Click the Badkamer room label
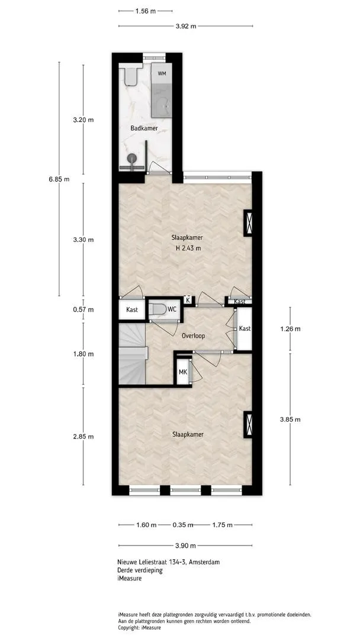[x=144, y=128]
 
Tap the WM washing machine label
[x=162, y=74]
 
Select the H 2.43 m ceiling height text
[x=188, y=248]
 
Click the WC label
[x=172, y=309]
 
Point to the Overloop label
[x=193, y=336]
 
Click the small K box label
[x=188, y=300]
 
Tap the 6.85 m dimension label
[x=59, y=179]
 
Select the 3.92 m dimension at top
[x=185, y=27]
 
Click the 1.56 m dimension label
[x=146, y=11]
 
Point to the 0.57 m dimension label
[x=83, y=309]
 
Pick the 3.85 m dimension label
[x=290, y=419]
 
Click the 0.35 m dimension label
[x=182, y=525]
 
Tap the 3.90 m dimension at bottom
[x=185, y=546]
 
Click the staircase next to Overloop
[x=133, y=353]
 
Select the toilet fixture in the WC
[x=157, y=309]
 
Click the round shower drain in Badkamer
[x=132, y=158]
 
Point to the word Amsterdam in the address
[x=205, y=563]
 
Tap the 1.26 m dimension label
[x=290, y=329]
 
